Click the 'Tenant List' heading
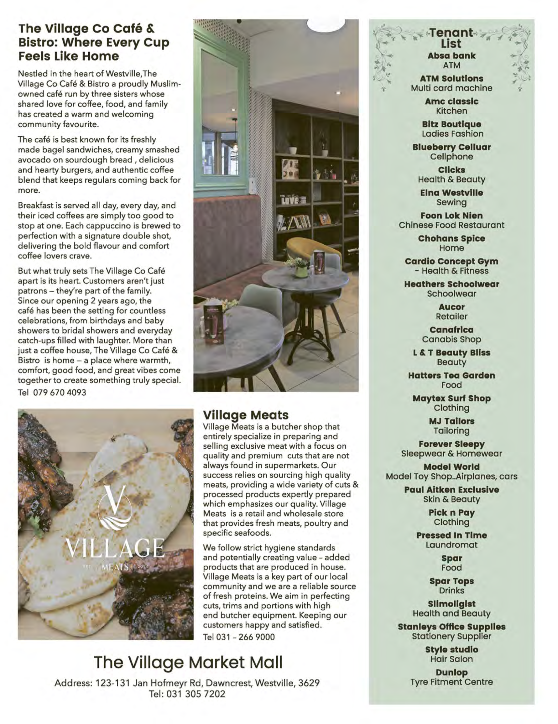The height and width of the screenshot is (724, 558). pos(451,38)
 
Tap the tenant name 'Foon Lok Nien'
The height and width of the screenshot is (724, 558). pos(451,216)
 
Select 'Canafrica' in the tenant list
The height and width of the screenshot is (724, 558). pos(451,330)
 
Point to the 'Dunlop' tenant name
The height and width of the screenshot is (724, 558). pos(451,672)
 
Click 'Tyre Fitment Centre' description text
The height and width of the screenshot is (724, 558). pos(451,682)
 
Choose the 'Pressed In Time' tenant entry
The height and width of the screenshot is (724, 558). pos(451,536)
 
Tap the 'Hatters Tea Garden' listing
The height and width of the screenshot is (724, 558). pos(451,376)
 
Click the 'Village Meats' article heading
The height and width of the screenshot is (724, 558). pos(246,415)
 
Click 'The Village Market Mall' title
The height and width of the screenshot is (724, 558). pos(188,662)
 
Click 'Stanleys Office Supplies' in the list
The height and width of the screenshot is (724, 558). pos(451,627)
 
